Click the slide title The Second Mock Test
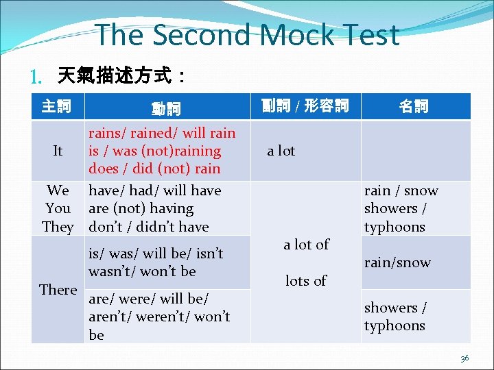click(247, 35)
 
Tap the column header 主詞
click(56, 106)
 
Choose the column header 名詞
click(414, 106)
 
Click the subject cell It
click(58, 151)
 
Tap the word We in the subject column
click(58, 190)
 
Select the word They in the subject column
click(58, 227)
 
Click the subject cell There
click(58, 290)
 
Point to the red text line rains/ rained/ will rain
click(162, 133)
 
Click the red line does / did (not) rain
click(154, 169)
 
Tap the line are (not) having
click(141, 208)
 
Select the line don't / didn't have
click(149, 227)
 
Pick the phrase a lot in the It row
click(281, 151)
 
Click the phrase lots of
click(305, 280)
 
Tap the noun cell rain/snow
click(397, 262)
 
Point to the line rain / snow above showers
click(401, 190)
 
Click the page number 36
click(464, 358)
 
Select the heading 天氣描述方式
click(113, 74)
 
